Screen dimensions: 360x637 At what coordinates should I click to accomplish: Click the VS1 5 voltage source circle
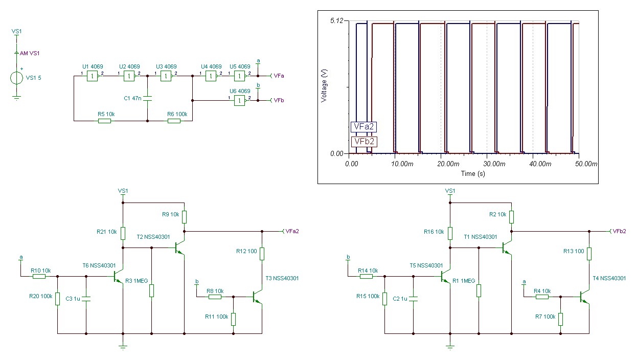(x=16, y=78)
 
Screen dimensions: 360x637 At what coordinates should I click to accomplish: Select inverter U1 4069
(x=92, y=76)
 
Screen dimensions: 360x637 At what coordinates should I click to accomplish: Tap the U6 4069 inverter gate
(x=239, y=101)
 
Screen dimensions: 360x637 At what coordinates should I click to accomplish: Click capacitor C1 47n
(x=147, y=98)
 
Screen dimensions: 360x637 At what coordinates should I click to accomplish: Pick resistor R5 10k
(x=104, y=121)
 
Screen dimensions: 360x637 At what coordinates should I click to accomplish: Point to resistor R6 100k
(x=174, y=121)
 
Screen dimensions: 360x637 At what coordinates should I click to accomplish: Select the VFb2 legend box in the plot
(x=364, y=142)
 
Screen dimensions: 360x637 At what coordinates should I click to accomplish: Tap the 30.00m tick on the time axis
(x=493, y=164)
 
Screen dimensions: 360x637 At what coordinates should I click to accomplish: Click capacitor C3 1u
(x=86, y=298)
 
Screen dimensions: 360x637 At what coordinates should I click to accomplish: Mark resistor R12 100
(x=262, y=254)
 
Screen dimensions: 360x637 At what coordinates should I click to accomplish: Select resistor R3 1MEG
(x=152, y=290)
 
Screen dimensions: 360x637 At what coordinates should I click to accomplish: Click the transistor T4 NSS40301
(x=584, y=297)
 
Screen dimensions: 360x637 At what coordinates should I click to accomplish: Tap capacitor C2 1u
(x=413, y=298)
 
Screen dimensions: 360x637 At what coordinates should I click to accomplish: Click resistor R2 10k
(x=512, y=217)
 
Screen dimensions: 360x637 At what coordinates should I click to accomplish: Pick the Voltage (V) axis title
(x=324, y=86)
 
